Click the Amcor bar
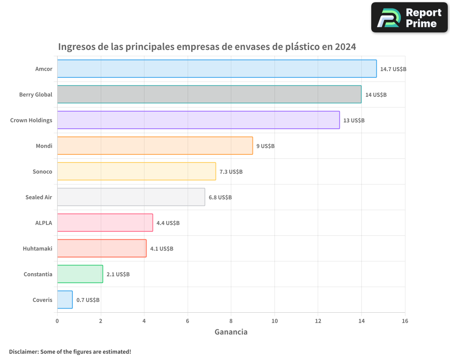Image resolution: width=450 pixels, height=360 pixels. pos(216,69)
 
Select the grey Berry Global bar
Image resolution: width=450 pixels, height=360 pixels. pos(209,94)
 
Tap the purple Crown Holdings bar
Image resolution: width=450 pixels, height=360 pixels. pos(198,120)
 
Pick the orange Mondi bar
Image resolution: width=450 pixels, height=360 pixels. pos(155,146)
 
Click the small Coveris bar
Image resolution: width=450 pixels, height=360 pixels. pos(65,300)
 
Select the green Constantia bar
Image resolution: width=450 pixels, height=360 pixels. pos(80,274)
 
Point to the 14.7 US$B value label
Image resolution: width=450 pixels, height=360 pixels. pos(393,69)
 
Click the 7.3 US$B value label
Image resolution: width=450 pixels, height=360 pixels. pos(231,172)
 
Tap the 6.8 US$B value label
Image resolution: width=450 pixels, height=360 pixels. pos(220,198)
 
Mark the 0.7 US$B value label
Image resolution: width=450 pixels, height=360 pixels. pos(88,300)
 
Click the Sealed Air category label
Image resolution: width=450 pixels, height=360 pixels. pos(39,197)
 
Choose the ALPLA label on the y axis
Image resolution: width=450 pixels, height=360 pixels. pos(44,223)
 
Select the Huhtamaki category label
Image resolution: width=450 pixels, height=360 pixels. pos(37,248)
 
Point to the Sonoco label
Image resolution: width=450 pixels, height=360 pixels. pos(42,171)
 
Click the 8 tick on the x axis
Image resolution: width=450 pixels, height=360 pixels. pos(231,321)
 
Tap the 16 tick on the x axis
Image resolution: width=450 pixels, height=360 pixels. pos(405,321)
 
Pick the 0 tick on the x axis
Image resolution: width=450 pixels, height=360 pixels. pos(57,321)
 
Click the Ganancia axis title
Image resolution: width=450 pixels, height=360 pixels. pos(231,332)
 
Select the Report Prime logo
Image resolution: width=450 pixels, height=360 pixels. pos(409,18)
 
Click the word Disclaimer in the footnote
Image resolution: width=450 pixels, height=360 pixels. pos(23,351)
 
